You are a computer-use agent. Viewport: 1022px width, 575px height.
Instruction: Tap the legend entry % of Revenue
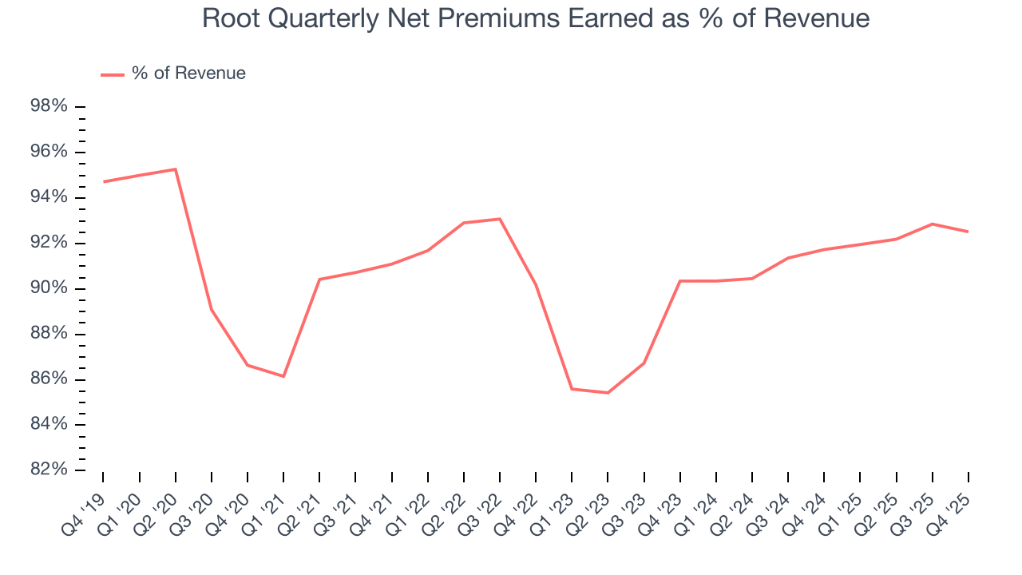point(188,73)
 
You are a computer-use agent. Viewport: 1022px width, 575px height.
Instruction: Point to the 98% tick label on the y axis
point(48,107)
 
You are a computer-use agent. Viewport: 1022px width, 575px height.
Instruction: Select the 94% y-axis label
point(48,198)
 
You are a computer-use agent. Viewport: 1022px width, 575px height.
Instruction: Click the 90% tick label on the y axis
point(48,288)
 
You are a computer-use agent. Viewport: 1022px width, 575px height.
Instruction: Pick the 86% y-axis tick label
point(48,379)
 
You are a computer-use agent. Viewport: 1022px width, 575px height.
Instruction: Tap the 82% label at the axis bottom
point(48,470)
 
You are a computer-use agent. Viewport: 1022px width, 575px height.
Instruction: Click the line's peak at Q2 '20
point(176,169)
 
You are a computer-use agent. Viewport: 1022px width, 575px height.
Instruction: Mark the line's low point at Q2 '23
point(608,392)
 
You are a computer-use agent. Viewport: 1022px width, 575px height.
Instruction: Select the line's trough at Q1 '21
point(283,376)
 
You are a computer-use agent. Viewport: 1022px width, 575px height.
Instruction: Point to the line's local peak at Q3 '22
point(500,219)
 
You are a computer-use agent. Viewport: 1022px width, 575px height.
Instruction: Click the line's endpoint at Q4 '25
point(969,232)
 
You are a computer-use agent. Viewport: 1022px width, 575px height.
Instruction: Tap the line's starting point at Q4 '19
point(104,182)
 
